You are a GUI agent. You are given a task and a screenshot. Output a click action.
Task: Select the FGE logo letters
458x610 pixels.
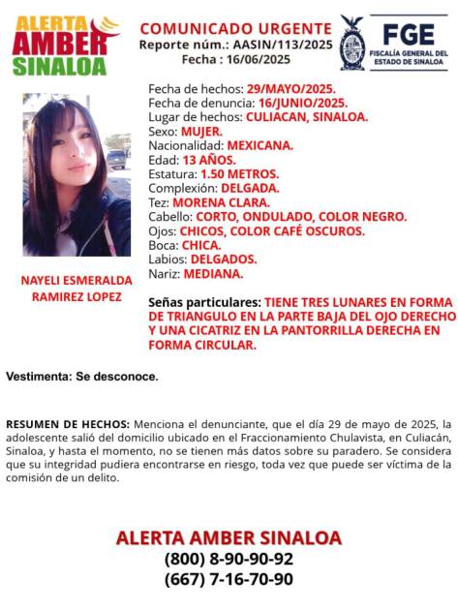(407, 32)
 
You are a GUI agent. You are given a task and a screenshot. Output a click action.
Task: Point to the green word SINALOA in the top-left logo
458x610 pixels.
(59, 66)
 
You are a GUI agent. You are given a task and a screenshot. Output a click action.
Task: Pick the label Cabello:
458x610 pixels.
(170, 217)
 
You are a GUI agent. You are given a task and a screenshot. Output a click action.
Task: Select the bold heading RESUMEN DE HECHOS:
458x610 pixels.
(68, 424)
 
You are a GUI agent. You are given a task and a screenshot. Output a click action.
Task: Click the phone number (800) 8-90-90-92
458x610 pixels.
(229, 559)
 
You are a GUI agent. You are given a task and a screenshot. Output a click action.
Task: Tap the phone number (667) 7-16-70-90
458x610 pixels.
(229, 579)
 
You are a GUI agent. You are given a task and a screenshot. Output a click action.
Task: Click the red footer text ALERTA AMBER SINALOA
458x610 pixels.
(229, 537)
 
